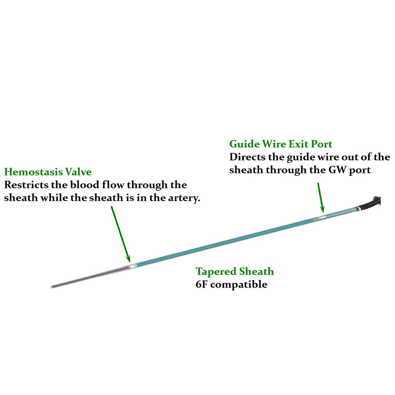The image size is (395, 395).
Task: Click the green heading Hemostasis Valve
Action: pyautogui.click(x=48, y=172)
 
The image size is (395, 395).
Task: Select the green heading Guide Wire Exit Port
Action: pyautogui.click(x=280, y=143)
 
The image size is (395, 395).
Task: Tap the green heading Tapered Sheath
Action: pyautogui.click(x=235, y=271)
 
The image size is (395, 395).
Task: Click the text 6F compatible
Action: pyautogui.click(x=231, y=284)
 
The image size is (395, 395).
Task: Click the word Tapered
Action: pyautogui.click(x=216, y=271)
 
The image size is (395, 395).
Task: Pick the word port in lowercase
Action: pyautogui.click(x=363, y=170)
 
